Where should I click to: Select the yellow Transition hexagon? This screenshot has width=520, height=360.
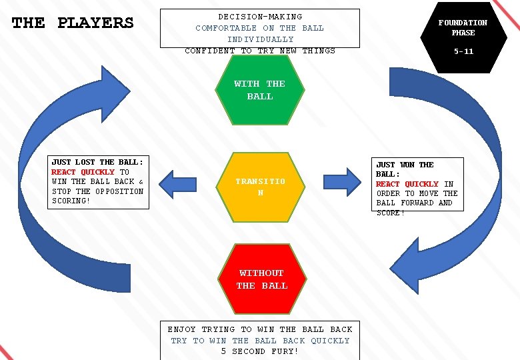point(260,186)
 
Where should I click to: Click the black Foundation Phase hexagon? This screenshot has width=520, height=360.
point(463,37)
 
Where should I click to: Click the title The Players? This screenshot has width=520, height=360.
point(73,23)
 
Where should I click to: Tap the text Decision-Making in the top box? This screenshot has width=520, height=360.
point(260,17)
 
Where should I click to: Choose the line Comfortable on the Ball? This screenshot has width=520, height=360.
point(260,28)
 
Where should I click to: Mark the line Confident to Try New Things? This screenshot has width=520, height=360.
point(260,51)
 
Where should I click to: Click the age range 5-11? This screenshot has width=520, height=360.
point(463,51)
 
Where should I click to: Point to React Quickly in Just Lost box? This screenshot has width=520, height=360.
point(83,172)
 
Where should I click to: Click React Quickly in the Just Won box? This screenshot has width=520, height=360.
point(407,184)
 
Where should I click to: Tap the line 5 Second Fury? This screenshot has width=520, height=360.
point(260,351)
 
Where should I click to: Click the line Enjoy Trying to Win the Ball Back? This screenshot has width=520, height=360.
point(260,329)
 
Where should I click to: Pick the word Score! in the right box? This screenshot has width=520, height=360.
point(391,213)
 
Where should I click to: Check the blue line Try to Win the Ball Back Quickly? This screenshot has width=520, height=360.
point(260,341)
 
